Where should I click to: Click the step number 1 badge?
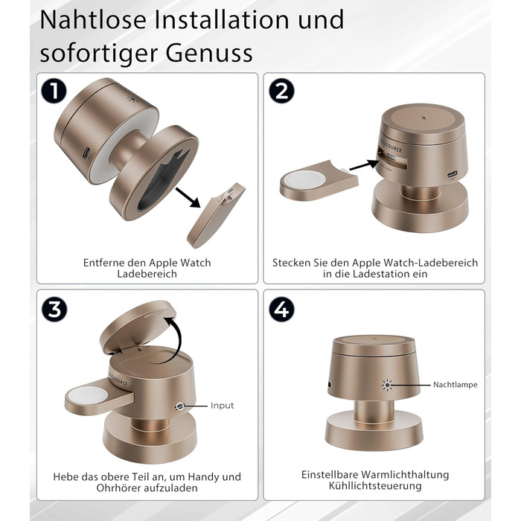54,91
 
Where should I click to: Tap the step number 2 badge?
281,91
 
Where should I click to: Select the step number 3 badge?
54,309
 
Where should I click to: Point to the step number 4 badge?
281,309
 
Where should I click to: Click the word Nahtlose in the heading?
93,20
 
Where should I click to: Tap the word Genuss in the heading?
209,53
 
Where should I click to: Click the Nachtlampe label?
456,385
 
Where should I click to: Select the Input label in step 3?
223,406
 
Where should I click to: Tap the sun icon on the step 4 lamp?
387,385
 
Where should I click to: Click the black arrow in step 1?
188,198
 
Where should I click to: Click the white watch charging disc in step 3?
89,395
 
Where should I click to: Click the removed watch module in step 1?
216,215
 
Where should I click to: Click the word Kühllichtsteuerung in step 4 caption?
375,486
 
